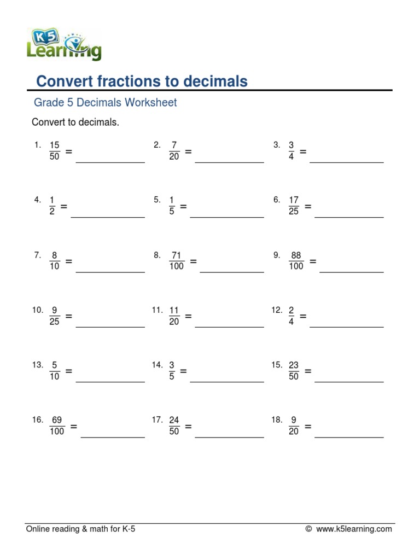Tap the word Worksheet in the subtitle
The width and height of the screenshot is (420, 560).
point(150,102)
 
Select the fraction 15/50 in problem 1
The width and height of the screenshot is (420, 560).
point(54,150)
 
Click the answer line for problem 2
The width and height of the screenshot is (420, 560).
point(229,162)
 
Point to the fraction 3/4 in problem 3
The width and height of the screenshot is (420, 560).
point(291,150)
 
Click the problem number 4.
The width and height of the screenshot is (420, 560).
point(37,200)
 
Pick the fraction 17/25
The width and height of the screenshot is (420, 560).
point(294,206)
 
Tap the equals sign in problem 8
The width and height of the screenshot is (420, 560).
point(193,261)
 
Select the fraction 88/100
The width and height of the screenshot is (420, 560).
point(296,261)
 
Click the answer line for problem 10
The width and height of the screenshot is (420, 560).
point(110,326)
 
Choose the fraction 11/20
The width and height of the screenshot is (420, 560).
point(174,316)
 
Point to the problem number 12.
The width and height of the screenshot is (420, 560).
point(277,310)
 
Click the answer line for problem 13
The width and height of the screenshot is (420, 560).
point(110,382)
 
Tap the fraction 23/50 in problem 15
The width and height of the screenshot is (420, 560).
point(294,371)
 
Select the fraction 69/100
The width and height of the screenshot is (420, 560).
point(57,426)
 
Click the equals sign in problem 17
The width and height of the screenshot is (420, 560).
point(188,426)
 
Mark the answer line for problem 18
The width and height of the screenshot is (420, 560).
point(349,437)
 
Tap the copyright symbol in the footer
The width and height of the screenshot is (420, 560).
point(308,529)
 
